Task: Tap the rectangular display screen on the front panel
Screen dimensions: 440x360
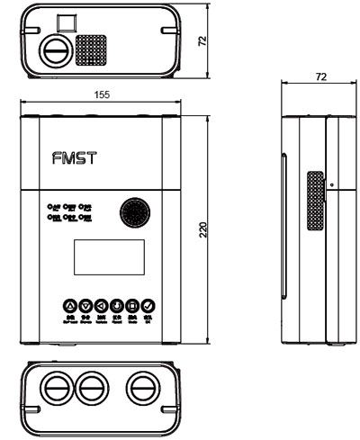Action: [102, 260]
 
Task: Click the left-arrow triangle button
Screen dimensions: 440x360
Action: [102, 305]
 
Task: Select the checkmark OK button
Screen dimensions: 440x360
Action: [148, 305]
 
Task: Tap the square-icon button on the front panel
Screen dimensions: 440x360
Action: [132, 305]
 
